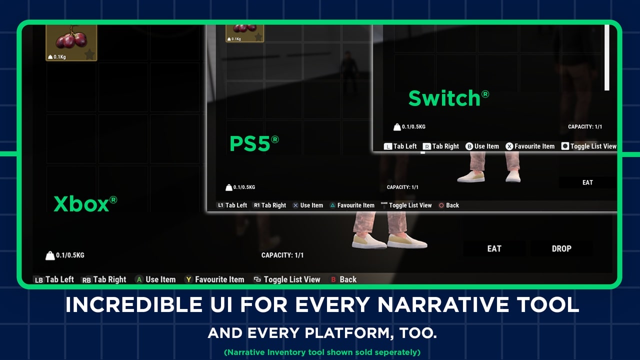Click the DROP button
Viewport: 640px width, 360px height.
(561, 248)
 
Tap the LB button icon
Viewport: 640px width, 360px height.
(38, 280)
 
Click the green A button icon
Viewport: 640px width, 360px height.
(139, 279)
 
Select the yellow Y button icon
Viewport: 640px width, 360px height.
(188, 279)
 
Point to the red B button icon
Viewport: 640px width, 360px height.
(333, 279)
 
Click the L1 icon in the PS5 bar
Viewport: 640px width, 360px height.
(220, 205)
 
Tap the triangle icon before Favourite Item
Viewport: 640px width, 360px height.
(332, 205)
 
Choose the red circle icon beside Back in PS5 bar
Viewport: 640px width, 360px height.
(441, 205)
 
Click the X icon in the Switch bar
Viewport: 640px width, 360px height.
(509, 146)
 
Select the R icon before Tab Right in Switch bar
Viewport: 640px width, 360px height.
(426, 146)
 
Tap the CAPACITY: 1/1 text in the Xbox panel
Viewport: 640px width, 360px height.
(282, 255)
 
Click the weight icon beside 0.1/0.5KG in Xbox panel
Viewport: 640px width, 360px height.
(50, 255)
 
